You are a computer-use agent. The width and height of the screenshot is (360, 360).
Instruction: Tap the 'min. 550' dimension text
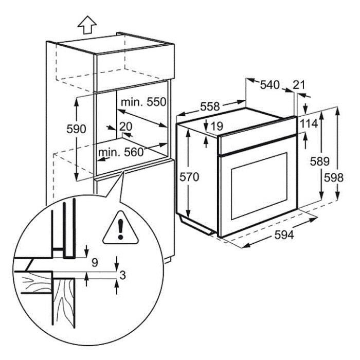[x=143, y=102]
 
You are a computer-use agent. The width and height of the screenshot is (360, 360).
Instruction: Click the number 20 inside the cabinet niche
[x=126, y=126]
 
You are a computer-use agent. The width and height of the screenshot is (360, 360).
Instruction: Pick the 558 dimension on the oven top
[x=210, y=107]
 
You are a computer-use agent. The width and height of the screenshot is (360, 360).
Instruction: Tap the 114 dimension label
[x=309, y=124]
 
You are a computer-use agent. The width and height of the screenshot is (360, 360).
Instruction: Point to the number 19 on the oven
[x=217, y=126]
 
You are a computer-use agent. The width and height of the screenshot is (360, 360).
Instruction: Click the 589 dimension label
[x=319, y=161]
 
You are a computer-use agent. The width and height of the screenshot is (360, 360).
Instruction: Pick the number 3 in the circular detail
[x=122, y=275]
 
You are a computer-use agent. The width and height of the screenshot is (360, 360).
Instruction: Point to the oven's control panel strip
[x=257, y=144]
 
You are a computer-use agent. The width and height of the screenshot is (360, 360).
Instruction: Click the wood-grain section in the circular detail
[x=65, y=298]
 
